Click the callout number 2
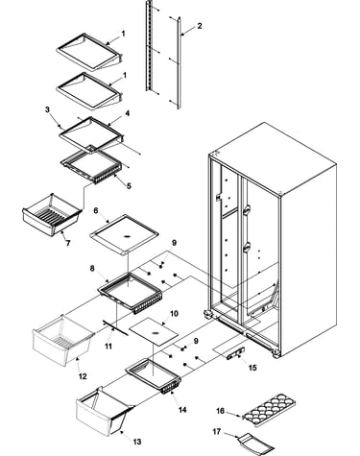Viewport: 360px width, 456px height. (x=200, y=26)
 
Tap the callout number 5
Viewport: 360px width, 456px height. (x=129, y=186)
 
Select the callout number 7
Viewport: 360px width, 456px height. (x=68, y=243)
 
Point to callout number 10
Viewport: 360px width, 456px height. (x=174, y=313)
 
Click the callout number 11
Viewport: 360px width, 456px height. (x=108, y=347)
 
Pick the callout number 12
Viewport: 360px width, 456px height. (x=83, y=376)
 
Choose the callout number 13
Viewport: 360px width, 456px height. (x=136, y=442)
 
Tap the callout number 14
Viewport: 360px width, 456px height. (x=182, y=410)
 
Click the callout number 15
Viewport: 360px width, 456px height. (x=252, y=368)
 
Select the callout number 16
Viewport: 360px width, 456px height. (x=220, y=411)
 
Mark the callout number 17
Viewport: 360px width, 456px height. (x=217, y=432)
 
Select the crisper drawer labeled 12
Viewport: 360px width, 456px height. (x=62, y=340)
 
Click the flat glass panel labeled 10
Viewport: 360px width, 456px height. (x=154, y=332)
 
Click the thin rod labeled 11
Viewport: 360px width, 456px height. (x=115, y=328)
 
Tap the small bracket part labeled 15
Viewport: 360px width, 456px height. (x=236, y=353)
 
